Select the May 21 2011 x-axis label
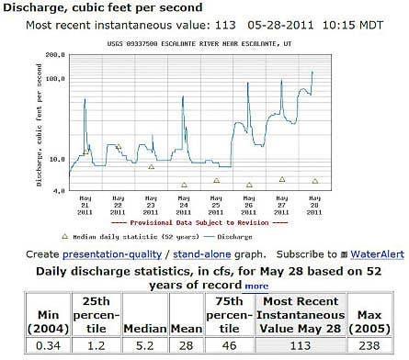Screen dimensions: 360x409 tap(85, 205)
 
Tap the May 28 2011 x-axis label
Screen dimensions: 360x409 tap(315, 205)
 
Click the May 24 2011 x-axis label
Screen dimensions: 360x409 tap(184, 205)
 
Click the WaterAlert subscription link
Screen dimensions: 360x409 tap(365, 253)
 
